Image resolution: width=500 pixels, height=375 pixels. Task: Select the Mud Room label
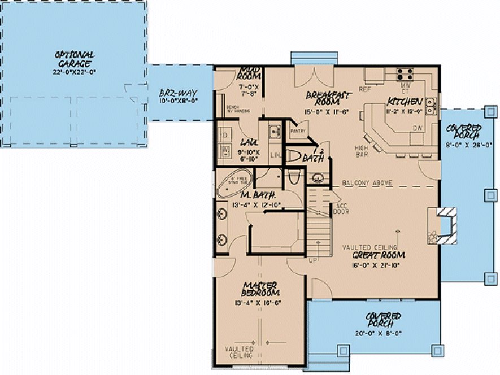coord(248,72)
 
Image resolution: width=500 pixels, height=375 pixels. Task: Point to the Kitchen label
coord(405,102)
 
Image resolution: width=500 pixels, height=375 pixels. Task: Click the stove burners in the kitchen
coord(404,73)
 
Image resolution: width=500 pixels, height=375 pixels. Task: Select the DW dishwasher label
coord(418,128)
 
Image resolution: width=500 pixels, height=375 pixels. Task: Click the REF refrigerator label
coord(365,89)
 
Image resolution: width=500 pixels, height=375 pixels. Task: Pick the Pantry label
coord(298,132)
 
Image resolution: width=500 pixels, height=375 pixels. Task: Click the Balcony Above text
coord(367,183)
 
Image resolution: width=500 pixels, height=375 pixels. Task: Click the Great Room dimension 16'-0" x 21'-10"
coord(373,264)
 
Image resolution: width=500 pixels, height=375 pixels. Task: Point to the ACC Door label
coord(342,209)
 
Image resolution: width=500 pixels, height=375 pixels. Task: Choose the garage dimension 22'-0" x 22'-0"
coord(75,72)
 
